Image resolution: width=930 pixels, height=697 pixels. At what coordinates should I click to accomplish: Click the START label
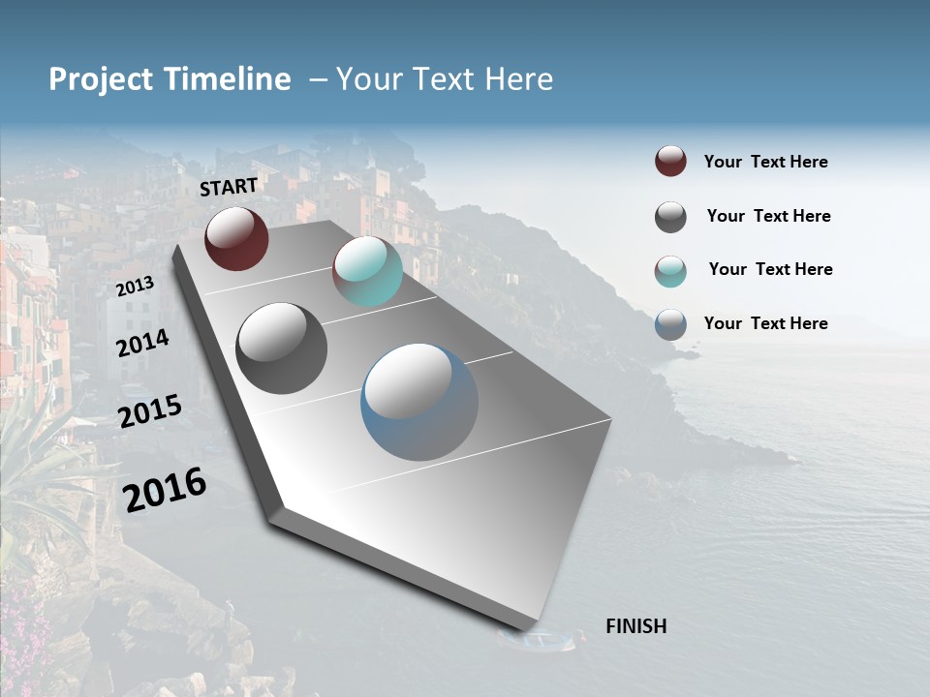(229, 187)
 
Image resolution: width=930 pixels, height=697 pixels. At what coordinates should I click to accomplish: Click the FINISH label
(635, 626)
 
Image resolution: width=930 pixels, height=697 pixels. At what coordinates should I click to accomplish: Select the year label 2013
(136, 287)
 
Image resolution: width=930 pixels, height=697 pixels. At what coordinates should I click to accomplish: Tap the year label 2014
(142, 343)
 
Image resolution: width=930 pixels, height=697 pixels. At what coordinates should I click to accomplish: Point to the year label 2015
(150, 411)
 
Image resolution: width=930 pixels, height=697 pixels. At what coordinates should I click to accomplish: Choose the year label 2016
(165, 489)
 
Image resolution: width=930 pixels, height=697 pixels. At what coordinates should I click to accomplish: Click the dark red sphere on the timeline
(236, 238)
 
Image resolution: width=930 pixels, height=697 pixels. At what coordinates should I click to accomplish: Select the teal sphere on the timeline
(367, 271)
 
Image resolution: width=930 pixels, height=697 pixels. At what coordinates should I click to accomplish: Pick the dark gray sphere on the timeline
(281, 348)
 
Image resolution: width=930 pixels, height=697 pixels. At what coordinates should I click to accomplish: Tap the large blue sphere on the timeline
(419, 402)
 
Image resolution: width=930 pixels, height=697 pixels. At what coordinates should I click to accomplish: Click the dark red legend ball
(670, 161)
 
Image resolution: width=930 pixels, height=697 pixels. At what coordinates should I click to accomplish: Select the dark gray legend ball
(670, 217)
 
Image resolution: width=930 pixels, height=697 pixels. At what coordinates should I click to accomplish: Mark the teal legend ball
(670, 271)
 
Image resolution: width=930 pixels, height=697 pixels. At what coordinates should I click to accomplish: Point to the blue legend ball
(670, 324)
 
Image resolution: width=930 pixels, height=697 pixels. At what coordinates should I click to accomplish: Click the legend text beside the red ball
(765, 162)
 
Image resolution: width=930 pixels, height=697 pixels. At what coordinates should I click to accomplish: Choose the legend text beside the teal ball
(770, 269)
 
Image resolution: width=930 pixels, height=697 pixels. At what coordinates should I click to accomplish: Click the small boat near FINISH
(539, 640)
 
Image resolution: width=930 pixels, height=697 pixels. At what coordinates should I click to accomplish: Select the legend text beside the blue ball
(765, 323)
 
